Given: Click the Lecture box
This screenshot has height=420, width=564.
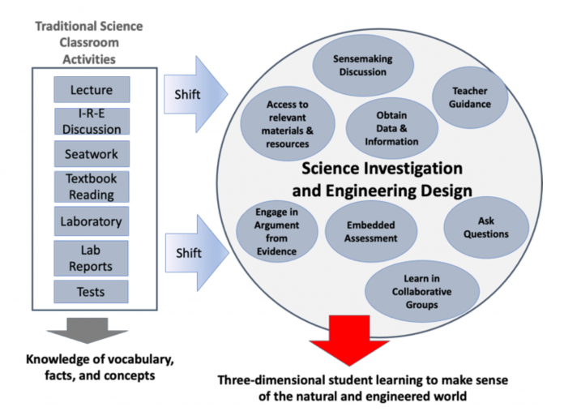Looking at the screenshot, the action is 92,90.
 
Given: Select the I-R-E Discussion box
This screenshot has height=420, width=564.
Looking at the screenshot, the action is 92,122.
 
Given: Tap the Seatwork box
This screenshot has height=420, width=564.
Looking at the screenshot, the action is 92,154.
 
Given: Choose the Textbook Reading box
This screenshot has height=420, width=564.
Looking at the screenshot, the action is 92,186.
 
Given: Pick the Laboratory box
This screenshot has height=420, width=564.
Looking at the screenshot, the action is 92,221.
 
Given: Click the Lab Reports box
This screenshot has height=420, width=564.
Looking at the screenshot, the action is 91,258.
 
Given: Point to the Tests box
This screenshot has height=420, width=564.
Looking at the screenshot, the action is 91,292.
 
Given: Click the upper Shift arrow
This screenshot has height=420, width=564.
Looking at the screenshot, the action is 195,94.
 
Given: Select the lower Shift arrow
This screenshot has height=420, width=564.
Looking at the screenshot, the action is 197,253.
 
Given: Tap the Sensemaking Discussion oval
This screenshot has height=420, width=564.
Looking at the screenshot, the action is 363,65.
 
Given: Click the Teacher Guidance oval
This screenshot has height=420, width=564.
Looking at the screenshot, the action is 470,97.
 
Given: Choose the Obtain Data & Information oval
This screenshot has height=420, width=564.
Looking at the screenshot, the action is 391,128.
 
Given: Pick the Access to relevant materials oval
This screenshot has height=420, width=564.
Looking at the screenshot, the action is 288,124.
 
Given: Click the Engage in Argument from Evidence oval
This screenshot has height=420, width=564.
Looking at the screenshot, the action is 277,231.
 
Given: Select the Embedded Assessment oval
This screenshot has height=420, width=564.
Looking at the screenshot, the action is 371,231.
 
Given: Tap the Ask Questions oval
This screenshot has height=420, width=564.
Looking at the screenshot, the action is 486,228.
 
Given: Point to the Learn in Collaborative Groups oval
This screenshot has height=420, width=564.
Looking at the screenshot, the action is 422,292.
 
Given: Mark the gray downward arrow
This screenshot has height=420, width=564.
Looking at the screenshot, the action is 88,330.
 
